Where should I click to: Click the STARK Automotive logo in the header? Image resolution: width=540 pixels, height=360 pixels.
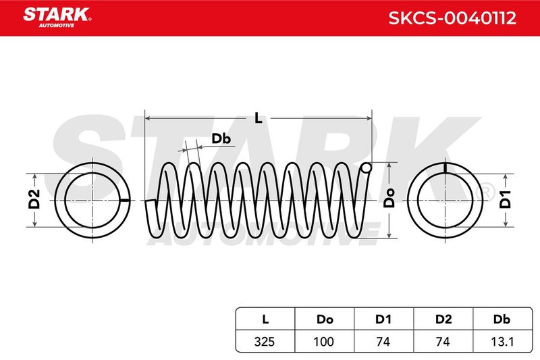coord(57,18)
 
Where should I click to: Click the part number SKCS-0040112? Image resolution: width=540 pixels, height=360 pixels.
coord(452,18)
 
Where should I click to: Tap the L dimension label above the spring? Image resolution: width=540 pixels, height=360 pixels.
coord(259,118)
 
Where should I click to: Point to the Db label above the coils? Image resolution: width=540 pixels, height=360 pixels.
coord(221,138)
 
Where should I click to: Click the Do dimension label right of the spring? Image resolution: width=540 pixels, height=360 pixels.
coord(389,198)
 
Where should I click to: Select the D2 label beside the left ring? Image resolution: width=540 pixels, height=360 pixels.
coord(34,199)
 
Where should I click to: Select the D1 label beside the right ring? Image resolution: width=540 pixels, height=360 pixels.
coord(505,199)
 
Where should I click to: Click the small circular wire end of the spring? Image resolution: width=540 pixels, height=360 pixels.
coord(367,168)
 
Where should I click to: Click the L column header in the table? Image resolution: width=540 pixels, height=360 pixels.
coord(265,319)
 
